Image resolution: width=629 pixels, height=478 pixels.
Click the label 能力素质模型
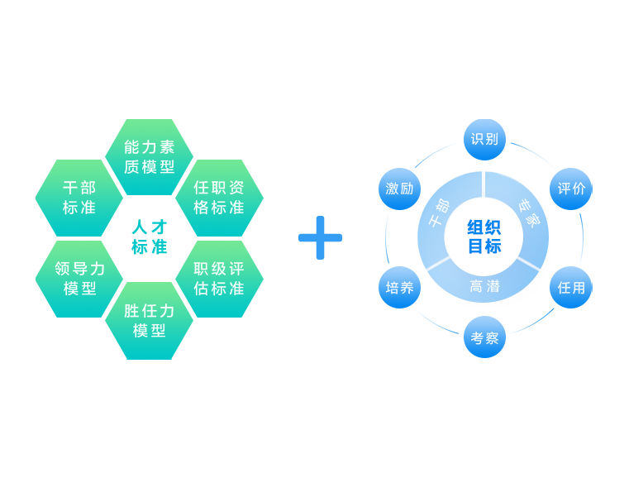[x=150, y=156]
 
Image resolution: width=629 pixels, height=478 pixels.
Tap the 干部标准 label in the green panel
[x=79, y=198]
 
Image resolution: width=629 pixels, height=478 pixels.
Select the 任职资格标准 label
[x=219, y=198]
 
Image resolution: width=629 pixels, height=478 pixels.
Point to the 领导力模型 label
[x=79, y=279]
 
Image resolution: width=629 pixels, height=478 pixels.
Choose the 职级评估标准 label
[x=219, y=279]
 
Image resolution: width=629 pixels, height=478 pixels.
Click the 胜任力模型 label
[x=150, y=321]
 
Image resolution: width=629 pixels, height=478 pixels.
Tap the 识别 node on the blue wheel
[x=484, y=139]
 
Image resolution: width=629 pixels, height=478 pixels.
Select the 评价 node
[x=571, y=189]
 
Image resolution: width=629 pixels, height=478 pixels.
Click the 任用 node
[x=571, y=288]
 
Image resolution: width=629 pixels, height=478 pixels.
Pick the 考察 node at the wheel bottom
[x=484, y=338]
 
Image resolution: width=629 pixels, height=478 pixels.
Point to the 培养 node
[x=399, y=288]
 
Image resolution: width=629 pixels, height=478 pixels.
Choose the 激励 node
[x=399, y=189]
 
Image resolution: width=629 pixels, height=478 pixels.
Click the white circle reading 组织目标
[x=484, y=237]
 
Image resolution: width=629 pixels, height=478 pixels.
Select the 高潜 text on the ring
[x=484, y=287]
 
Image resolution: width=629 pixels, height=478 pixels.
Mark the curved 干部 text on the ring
[x=439, y=213]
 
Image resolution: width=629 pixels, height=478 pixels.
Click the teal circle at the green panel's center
[x=149, y=238]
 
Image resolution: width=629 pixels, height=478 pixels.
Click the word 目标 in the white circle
[x=484, y=246]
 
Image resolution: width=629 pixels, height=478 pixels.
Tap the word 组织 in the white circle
[x=484, y=228]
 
